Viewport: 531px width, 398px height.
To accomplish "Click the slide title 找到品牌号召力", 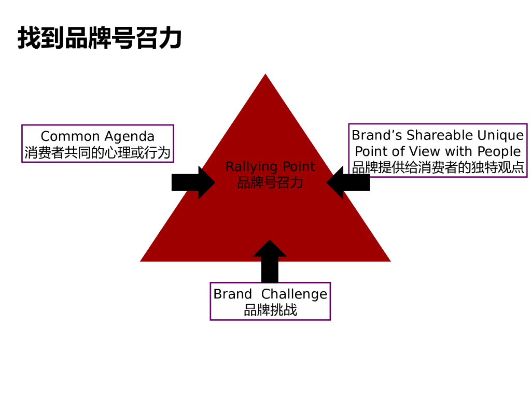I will tap(100, 38).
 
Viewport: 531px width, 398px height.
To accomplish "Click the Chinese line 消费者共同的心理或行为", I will tap(97, 152).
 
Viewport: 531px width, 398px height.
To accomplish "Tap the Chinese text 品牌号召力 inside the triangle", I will tap(270, 182).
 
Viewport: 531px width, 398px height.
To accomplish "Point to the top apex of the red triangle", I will tap(265, 76).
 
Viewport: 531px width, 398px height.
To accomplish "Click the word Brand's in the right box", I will tap(377, 135).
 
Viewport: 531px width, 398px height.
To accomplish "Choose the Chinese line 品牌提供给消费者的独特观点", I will tap(438, 167).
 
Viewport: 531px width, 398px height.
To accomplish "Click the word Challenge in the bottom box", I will tap(294, 294).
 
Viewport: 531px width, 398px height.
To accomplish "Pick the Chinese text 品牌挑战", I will tap(270, 310).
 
